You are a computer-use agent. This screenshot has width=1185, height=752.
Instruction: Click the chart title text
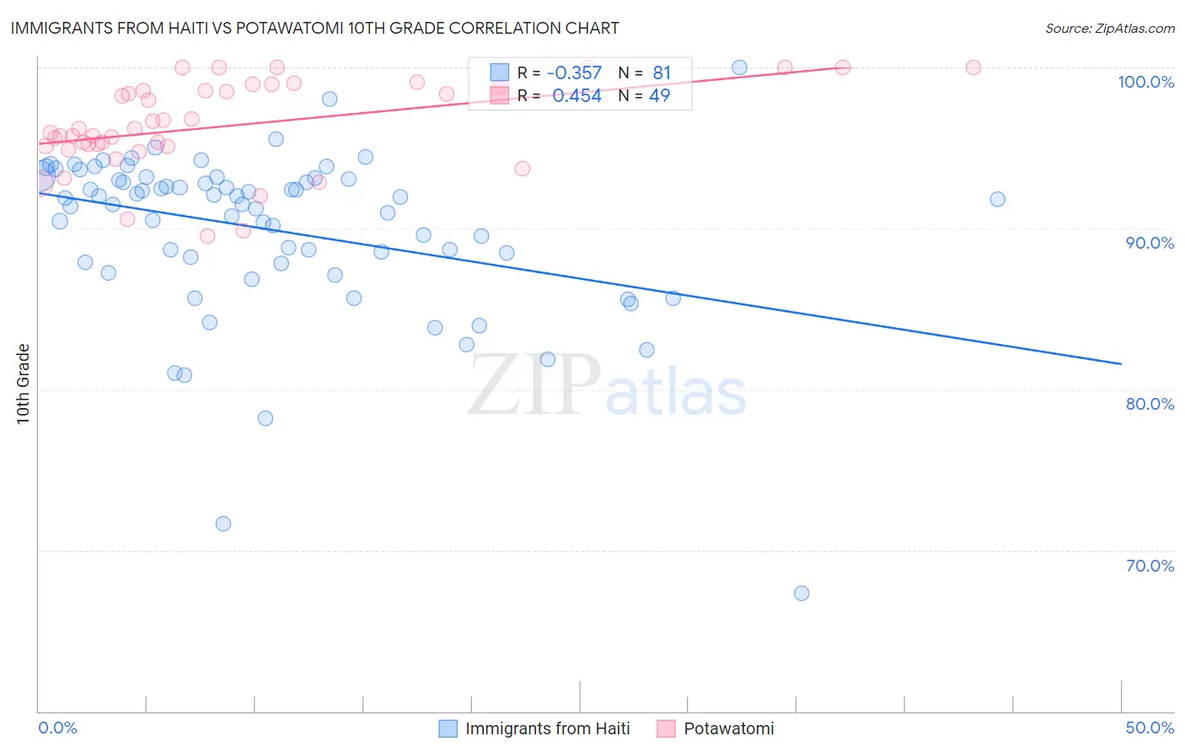click(314, 29)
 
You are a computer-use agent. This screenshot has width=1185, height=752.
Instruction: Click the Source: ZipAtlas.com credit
click(1109, 29)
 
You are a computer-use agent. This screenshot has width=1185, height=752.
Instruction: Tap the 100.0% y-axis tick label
click(1145, 82)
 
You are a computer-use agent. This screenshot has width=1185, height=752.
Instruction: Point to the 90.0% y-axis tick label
click(1150, 243)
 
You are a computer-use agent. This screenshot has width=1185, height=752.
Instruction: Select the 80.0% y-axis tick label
click(1150, 404)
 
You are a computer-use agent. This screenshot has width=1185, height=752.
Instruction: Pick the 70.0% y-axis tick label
click(1150, 566)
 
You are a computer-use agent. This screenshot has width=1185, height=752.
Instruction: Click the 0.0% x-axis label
click(57, 728)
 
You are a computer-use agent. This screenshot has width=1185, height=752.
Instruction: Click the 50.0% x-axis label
click(1150, 728)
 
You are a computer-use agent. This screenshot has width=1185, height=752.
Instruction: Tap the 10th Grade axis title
click(24, 384)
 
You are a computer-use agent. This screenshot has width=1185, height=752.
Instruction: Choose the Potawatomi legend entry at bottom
click(728, 728)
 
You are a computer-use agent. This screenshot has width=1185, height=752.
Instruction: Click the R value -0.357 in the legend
click(574, 73)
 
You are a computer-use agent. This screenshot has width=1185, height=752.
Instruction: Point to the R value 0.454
click(576, 96)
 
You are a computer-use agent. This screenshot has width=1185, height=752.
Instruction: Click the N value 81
click(661, 73)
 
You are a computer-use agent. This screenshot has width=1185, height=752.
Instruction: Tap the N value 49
click(659, 96)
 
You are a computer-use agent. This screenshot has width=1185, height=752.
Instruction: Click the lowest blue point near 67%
click(802, 594)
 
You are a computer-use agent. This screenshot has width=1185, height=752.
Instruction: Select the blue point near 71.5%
click(223, 524)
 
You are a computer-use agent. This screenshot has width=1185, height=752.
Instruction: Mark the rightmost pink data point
click(973, 67)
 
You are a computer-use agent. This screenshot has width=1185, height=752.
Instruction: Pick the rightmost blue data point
click(997, 199)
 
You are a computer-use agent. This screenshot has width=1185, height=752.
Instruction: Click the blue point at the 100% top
click(739, 67)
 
